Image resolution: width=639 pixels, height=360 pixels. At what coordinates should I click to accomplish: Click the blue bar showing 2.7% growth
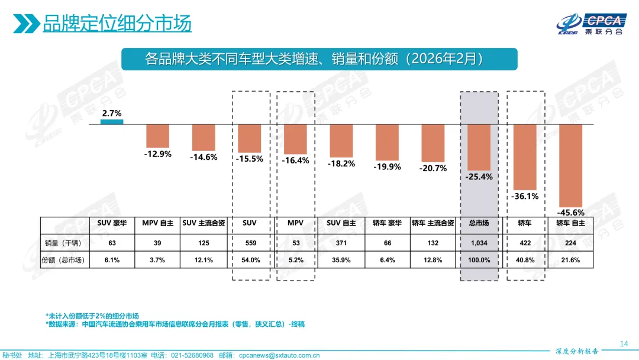tap(112, 121)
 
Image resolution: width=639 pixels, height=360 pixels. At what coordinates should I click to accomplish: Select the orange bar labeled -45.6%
tap(570, 164)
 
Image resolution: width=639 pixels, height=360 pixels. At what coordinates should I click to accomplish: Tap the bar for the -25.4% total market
tap(479, 147)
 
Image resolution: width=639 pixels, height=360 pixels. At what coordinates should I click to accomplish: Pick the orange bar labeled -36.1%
tap(524, 156)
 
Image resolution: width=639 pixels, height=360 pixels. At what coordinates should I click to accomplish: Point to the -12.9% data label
tap(157, 154)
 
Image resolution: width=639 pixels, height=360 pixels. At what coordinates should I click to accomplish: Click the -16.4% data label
tap(295, 160)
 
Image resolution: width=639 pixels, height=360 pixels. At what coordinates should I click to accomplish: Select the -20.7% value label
tap(433, 168)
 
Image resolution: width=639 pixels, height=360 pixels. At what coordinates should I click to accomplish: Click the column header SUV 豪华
tap(112, 223)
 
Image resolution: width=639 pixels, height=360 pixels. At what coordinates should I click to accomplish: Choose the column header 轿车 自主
tap(570, 223)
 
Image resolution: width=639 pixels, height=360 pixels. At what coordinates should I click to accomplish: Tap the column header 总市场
tap(479, 223)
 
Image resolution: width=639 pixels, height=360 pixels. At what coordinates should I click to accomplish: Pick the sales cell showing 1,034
tap(479, 243)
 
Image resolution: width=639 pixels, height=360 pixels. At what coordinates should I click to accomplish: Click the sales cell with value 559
tap(249, 243)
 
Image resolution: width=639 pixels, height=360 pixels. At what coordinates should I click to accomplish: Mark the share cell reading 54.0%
tap(249, 260)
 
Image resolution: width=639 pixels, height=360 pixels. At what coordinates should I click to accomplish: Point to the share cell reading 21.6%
tap(570, 260)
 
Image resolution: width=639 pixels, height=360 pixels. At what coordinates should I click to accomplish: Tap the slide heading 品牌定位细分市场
tap(117, 24)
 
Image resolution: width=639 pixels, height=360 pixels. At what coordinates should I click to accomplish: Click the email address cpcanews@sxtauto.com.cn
tap(279, 355)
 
